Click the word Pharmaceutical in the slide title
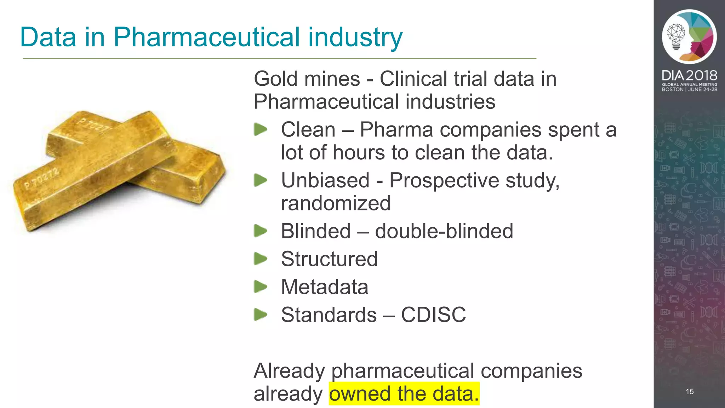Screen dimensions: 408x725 (206, 37)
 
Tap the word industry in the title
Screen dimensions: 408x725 (355, 37)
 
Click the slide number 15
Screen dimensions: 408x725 (690, 391)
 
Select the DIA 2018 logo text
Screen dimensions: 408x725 (689, 75)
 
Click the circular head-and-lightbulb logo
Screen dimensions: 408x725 (689, 37)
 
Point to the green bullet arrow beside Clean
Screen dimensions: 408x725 (261, 129)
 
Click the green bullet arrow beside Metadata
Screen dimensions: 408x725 (261, 287)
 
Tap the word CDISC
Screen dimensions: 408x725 (433, 314)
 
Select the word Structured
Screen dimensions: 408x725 (329, 259)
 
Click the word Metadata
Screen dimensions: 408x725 (324, 287)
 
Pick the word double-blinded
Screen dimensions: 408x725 (444, 231)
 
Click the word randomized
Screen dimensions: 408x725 (336, 203)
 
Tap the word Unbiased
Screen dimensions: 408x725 (325, 180)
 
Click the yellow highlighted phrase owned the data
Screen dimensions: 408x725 (404, 393)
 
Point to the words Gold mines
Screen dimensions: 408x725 (307, 79)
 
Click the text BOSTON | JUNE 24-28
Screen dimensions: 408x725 (689, 90)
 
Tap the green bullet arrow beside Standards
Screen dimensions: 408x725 (261, 314)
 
